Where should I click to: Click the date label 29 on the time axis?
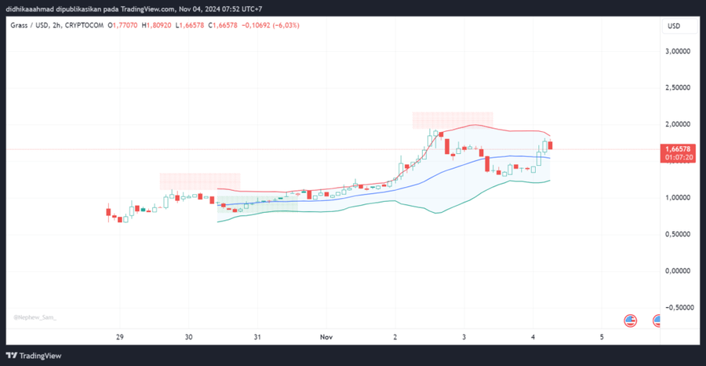coord(119,337)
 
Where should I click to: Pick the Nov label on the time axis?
coord(326,337)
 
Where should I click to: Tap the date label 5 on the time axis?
coord(602,337)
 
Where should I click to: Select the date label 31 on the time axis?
coord(257,337)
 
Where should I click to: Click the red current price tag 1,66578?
coord(677,148)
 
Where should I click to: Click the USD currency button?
coord(674,26)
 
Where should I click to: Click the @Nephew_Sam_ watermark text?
coord(35,317)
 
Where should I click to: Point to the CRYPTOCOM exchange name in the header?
coord(84,25)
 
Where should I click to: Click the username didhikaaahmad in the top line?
coord(33,8)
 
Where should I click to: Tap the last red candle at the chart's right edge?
coord(551,145)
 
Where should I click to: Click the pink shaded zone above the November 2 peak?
coord(453,120)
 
